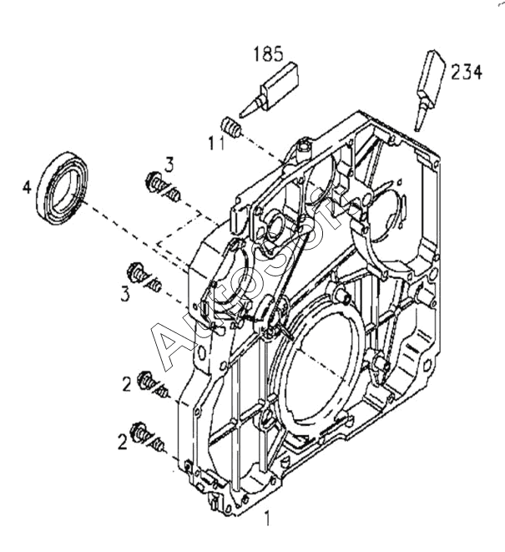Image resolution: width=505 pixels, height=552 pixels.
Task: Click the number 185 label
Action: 268,53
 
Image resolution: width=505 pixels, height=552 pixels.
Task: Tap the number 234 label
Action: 467,72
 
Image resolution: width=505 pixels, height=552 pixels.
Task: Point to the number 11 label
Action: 216,143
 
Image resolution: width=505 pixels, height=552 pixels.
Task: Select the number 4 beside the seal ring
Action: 27,187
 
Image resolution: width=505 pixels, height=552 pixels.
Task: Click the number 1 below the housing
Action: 267,519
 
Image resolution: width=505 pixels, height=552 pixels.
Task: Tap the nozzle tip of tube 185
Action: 241,114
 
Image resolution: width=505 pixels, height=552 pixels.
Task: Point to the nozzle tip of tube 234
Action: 417,129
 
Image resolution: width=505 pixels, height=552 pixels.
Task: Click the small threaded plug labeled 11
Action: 231,127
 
